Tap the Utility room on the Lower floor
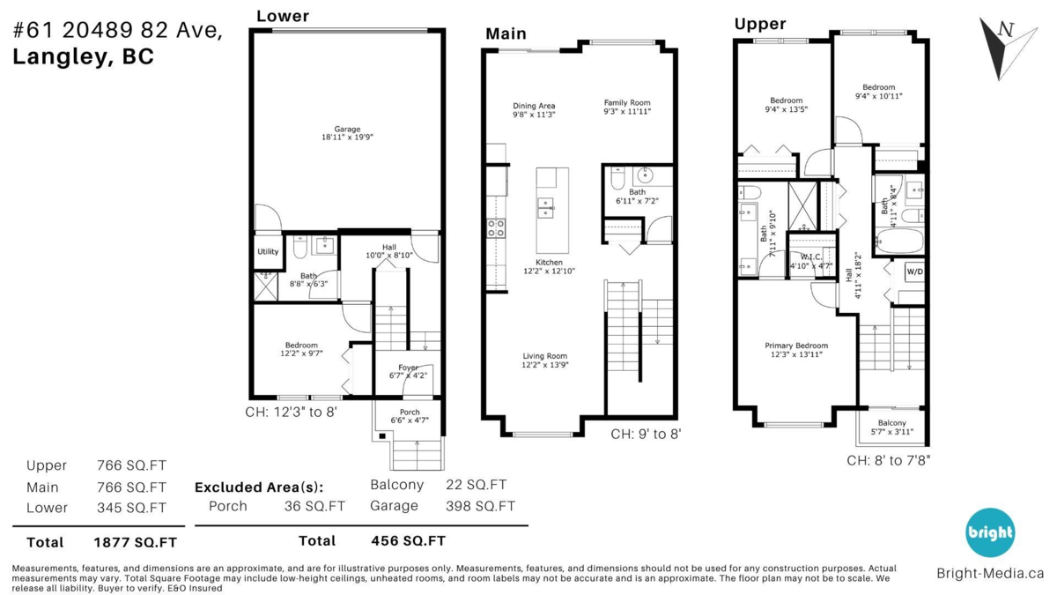268,251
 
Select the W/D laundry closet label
914,272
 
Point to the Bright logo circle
990,532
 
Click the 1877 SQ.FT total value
135,542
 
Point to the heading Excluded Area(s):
258,487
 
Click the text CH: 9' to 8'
646,434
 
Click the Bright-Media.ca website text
990,573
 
